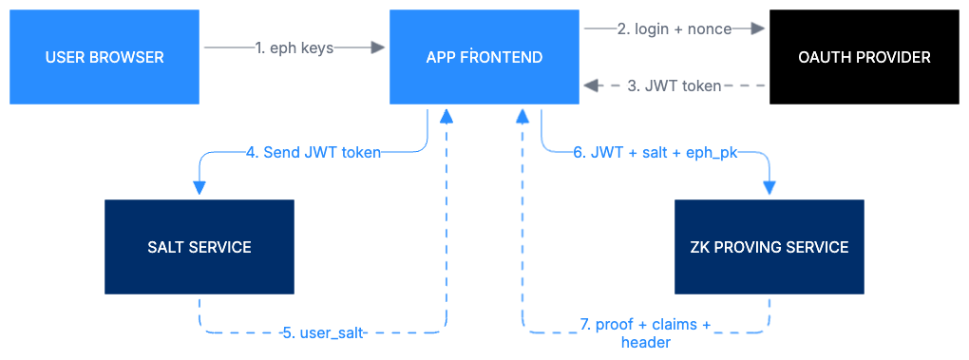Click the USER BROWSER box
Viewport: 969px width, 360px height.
[x=104, y=57]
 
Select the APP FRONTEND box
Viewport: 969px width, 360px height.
[x=484, y=57]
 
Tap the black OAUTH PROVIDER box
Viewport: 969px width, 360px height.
[x=864, y=57]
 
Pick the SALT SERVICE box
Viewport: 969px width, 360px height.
[x=199, y=247]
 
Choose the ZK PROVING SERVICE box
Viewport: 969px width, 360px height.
[x=769, y=247]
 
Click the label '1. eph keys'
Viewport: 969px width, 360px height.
[x=294, y=47]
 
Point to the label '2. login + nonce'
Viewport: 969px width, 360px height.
[x=674, y=29]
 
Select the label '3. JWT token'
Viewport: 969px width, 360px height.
[x=674, y=86]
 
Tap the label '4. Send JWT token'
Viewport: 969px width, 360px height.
[x=313, y=152]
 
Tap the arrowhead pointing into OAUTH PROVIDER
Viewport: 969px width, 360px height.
[x=759, y=29]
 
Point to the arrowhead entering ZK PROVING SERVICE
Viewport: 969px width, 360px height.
[x=769, y=190]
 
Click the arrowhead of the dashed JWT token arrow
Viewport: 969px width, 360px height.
[x=590, y=86]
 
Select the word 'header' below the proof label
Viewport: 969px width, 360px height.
[x=646, y=342]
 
